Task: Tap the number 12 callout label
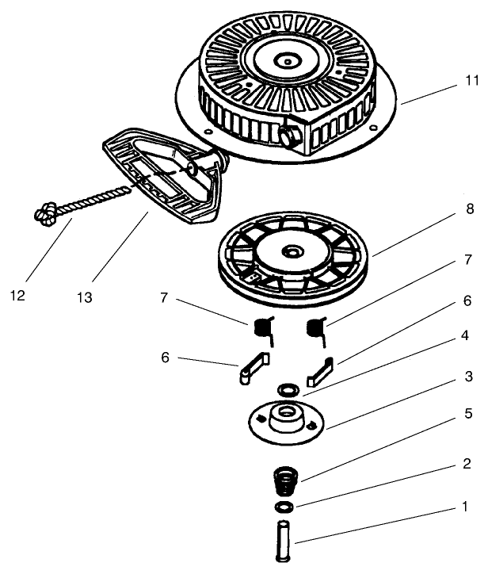(18, 296)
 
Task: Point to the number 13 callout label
(85, 297)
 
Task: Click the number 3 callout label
(468, 377)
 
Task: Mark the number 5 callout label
(468, 413)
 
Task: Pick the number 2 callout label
(468, 464)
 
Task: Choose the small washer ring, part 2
(284, 506)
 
